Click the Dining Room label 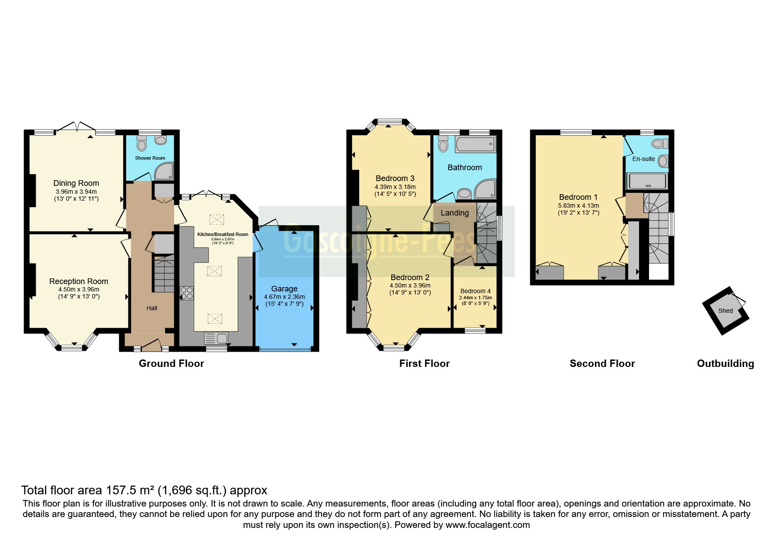coord(76,183)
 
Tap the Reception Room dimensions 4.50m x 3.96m coord(79,289)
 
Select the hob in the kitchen coord(187,293)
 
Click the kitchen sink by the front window coord(216,338)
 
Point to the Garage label coord(284,289)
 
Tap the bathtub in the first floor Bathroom coord(475,144)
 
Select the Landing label coord(454,213)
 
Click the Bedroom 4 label coord(475,291)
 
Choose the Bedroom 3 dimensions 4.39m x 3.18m coord(395,187)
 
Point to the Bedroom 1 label coord(578,197)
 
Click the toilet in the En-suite coord(660,144)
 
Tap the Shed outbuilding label coord(725,311)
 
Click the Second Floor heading coord(602,363)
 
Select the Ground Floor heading coord(171,363)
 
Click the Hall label coord(152,308)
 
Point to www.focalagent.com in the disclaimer coord(488,525)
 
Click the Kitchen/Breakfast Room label coord(223,234)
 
